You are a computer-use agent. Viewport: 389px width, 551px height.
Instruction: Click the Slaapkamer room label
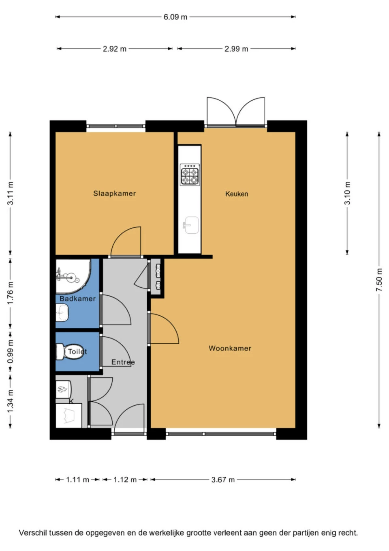(x=114, y=194)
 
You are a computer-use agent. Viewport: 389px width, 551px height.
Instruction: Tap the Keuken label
(x=237, y=194)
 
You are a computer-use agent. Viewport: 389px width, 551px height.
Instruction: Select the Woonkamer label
(x=230, y=348)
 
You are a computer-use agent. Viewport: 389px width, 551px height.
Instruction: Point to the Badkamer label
(x=77, y=299)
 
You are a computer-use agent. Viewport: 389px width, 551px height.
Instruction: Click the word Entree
(x=123, y=362)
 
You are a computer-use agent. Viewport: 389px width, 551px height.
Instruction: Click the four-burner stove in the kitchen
(x=190, y=174)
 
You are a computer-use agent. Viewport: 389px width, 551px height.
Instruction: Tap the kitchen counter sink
(x=190, y=225)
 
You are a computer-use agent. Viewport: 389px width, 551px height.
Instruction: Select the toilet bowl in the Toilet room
(x=62, y=351)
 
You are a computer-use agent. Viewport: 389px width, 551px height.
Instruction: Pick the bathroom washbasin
(x=62, y=312)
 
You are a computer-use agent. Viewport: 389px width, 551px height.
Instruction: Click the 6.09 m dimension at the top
(x=175, y=17)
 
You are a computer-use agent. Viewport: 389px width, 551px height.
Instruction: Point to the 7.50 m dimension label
(x=379, y=280)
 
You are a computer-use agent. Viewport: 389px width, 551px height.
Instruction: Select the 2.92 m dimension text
(x=114, y=49)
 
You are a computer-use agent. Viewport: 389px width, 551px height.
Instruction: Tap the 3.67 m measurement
(x=223, y=480)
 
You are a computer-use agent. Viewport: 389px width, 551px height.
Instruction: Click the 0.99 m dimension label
(x=11, y=351)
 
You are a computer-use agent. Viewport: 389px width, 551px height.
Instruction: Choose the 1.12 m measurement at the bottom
(x=125, y=480)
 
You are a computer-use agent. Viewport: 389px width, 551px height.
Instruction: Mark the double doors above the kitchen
(x=236, y=112)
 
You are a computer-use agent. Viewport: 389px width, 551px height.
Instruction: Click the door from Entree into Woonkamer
(x=164, y=329)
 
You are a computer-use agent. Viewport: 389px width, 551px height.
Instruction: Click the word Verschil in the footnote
(x=33, y=533)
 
